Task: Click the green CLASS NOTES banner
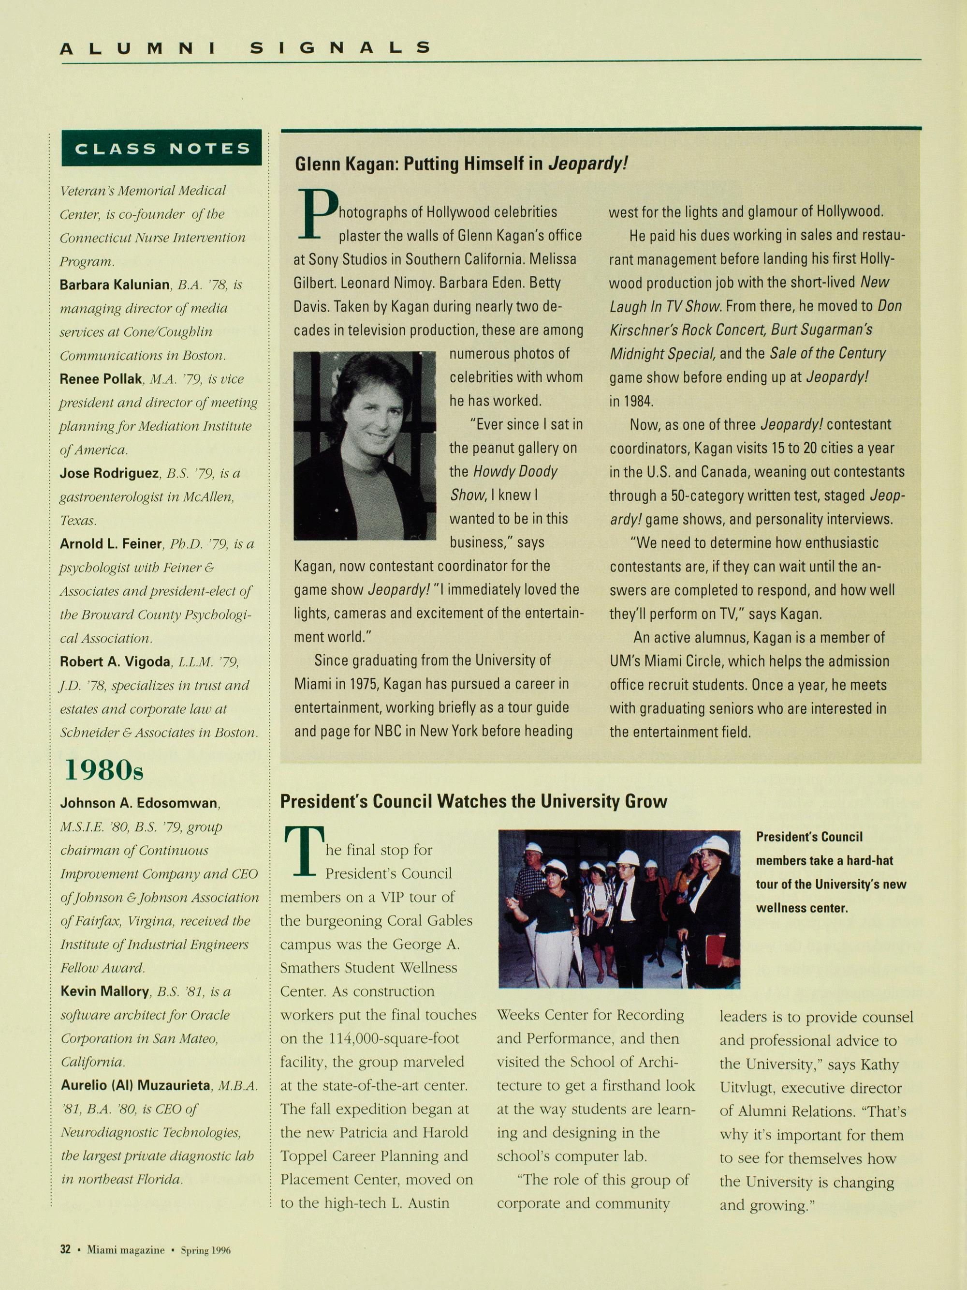pyautogui.click(x=161, y=148)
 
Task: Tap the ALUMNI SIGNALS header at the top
pyautogui.click(x=245, y=48)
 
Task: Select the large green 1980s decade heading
pyautogui.click(x=104, y=770)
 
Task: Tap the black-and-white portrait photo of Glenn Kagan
pyautogui.click(x=364, y=446)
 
